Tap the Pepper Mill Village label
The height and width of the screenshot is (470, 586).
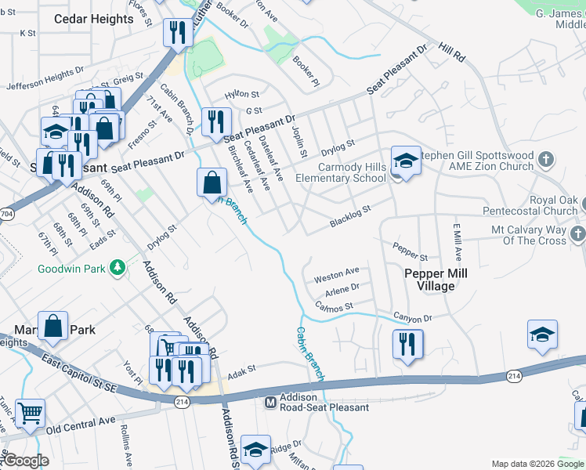coord(429,280)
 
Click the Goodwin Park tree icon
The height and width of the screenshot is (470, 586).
coord(118,269)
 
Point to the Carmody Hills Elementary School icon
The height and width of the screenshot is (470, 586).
coord(405,161)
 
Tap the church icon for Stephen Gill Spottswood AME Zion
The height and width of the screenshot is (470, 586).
coord(547,160)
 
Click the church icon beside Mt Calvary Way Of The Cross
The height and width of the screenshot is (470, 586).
coord(577,234)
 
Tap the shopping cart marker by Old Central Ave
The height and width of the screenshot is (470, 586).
coord(30,412)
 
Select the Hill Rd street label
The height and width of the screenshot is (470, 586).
coord(452,52)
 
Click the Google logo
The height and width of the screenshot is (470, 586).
coord(26,461)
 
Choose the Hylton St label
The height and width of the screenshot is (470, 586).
coord(241,95)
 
